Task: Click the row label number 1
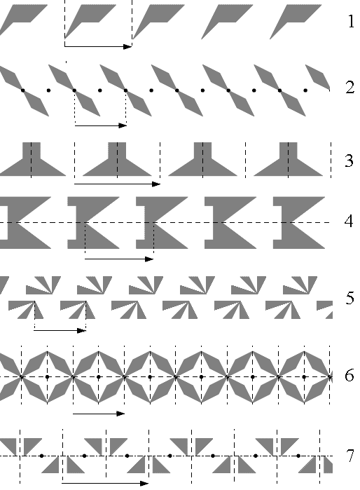point(351,22)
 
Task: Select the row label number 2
point(350,88)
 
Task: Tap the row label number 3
point(349,161)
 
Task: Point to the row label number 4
point(349,222)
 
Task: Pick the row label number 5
point(350,298)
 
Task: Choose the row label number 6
point(349,375)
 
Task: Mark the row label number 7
point(350,456)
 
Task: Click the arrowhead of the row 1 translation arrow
point(127,46)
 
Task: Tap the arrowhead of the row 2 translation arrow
point(123,125)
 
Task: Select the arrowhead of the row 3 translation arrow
point(156,184)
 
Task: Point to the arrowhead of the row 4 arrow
point(150,259)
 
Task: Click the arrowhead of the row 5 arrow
point(81,330)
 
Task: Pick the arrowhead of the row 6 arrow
point(120,414)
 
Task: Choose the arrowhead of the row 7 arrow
point(144,484)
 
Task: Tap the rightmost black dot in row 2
point(305,90)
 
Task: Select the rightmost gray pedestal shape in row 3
point(288,163)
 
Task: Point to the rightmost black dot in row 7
point(298,456)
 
